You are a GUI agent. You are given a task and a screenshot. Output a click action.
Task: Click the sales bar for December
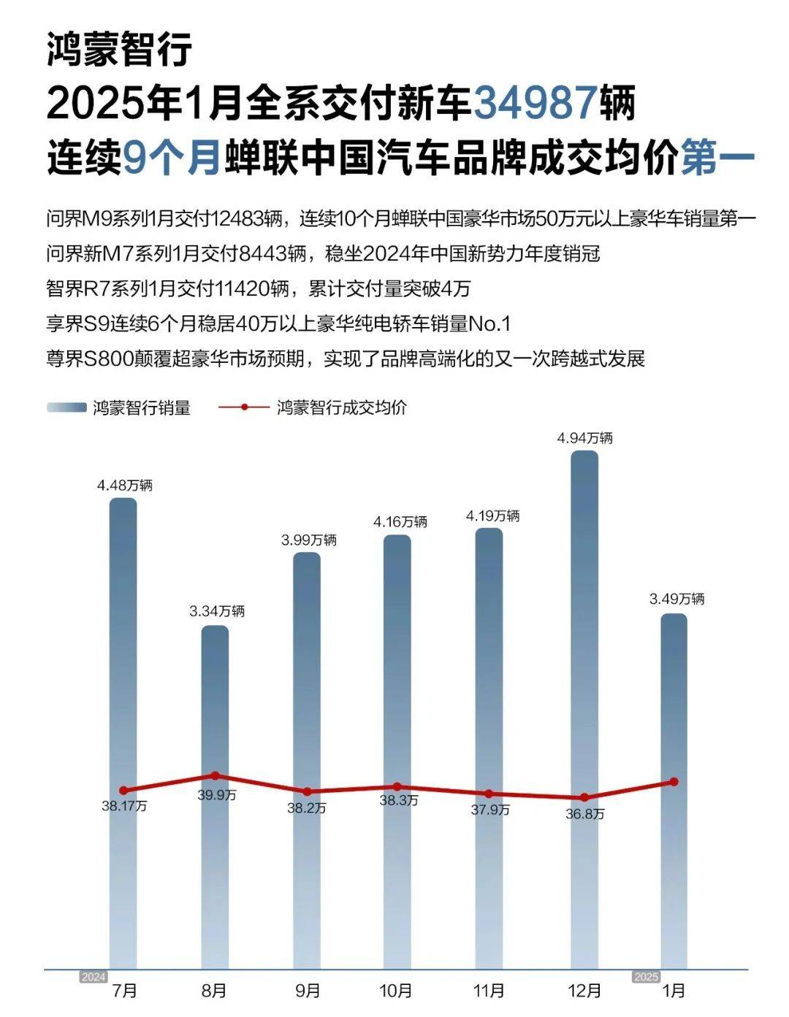pos(584,708)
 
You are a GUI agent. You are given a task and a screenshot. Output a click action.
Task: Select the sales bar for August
pos(215,796)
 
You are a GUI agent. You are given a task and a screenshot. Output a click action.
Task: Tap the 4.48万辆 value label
pos(125,486)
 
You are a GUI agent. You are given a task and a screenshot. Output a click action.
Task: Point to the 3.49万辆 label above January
pos(676,599)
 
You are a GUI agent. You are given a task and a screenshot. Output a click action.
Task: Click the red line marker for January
pos(674,782)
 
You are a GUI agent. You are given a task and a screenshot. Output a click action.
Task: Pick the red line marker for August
pos(215,775)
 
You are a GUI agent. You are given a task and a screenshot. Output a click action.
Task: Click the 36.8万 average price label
pos(585,813)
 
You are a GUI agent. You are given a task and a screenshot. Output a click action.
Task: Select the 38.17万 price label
pos(124,807)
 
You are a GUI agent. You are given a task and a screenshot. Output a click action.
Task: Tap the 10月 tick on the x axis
pos(396,991)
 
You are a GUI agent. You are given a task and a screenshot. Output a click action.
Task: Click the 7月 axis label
pos(125,991)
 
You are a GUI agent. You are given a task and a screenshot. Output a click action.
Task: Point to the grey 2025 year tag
pos(646,977)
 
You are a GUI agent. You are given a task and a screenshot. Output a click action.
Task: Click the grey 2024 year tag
pos(94,977)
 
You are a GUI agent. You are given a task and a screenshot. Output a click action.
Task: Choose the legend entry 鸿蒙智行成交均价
pos(342,407)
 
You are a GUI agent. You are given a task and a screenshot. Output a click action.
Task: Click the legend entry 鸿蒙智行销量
pos(141,407)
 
